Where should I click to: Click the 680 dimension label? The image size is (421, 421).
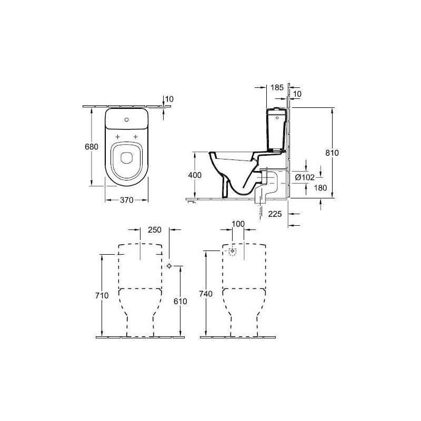(x=91, y=147)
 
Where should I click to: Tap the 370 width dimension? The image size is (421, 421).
(x=126, y=200)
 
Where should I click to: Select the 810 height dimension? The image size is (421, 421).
(x=332, y=153)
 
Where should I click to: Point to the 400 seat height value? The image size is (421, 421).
(x=195, y=175)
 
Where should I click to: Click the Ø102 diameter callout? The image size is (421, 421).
(x=305, y=177)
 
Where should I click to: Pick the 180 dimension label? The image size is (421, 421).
(x=320, y=188)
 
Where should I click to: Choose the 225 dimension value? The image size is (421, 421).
(x=275, y=214)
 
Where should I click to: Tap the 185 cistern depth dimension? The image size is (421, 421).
(x=277, y=87)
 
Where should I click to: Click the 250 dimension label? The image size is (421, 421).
(x=155, y=230)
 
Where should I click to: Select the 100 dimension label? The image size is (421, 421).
(x=238, y=224)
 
